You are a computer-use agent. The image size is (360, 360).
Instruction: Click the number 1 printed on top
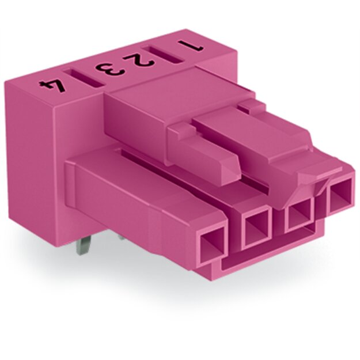(191, 46)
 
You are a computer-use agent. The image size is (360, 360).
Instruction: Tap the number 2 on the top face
(138, 60)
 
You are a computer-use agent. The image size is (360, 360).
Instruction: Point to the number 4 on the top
(52, 85)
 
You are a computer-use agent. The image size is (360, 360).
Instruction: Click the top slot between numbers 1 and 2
(164, 55)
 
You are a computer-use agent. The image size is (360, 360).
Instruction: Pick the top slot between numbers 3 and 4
(84, 78)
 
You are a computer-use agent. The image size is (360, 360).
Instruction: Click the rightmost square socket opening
(340, 196)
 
